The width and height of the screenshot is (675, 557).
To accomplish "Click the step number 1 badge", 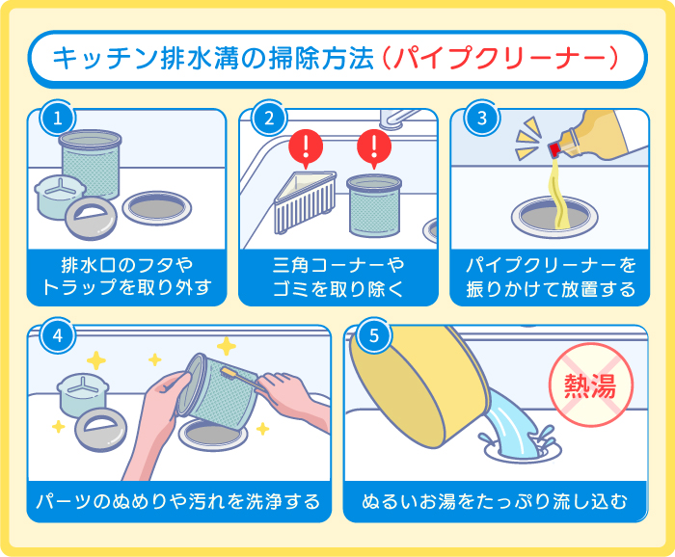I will [57, 119].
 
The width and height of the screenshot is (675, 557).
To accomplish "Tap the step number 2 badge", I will [267, 119].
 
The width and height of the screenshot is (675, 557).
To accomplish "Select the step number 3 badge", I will [479, 119].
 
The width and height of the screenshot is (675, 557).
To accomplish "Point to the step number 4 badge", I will [57, 336].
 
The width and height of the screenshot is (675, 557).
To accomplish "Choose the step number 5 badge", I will [373, 336].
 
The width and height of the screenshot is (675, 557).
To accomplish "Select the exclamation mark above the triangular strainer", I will [306, 149].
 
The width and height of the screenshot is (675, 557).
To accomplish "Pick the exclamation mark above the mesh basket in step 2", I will [372, 149].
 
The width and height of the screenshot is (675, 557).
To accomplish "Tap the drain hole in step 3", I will [545, 214].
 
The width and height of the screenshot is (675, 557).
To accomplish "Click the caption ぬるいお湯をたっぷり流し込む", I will [495, 502].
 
